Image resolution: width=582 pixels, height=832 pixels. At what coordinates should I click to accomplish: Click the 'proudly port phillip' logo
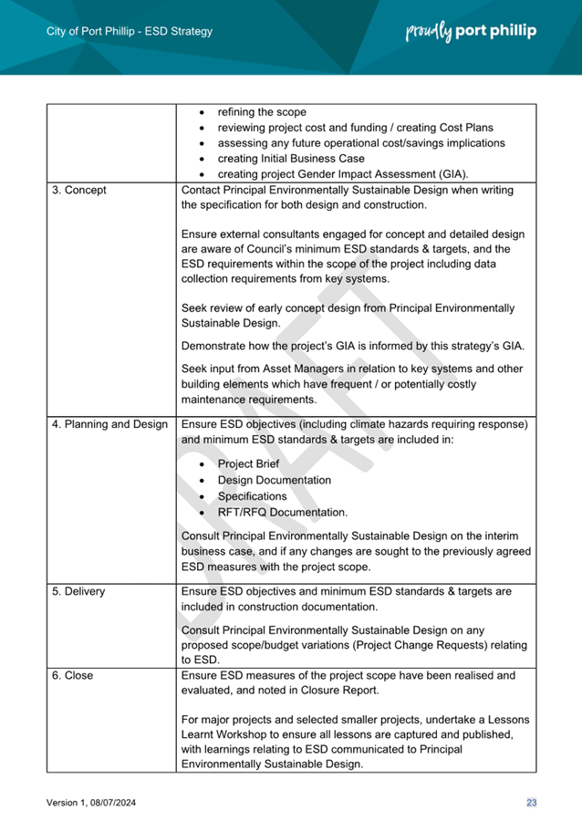470,31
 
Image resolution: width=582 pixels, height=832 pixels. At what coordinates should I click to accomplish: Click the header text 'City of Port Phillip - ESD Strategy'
129,32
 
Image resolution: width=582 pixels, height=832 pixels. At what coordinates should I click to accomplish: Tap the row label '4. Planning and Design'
109,424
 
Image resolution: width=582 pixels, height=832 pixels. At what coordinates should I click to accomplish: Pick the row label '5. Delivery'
78,591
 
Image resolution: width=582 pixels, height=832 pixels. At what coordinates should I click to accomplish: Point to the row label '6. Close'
73,676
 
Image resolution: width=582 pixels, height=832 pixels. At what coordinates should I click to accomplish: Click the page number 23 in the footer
531,802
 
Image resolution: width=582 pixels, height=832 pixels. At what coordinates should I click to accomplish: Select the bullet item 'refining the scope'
262,112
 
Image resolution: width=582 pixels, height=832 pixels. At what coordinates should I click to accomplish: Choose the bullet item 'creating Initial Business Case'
291,159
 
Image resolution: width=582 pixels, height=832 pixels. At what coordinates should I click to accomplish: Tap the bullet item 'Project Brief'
248,463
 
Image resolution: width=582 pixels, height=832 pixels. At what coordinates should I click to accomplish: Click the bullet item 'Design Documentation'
275,480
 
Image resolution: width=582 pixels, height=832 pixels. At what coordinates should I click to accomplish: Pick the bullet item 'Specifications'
252,496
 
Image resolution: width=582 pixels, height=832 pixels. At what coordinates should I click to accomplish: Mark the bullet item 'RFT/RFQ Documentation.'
283,513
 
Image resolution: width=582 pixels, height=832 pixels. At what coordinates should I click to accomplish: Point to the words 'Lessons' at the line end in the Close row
494,718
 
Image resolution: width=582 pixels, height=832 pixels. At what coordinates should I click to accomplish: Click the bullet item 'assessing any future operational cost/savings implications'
361,143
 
